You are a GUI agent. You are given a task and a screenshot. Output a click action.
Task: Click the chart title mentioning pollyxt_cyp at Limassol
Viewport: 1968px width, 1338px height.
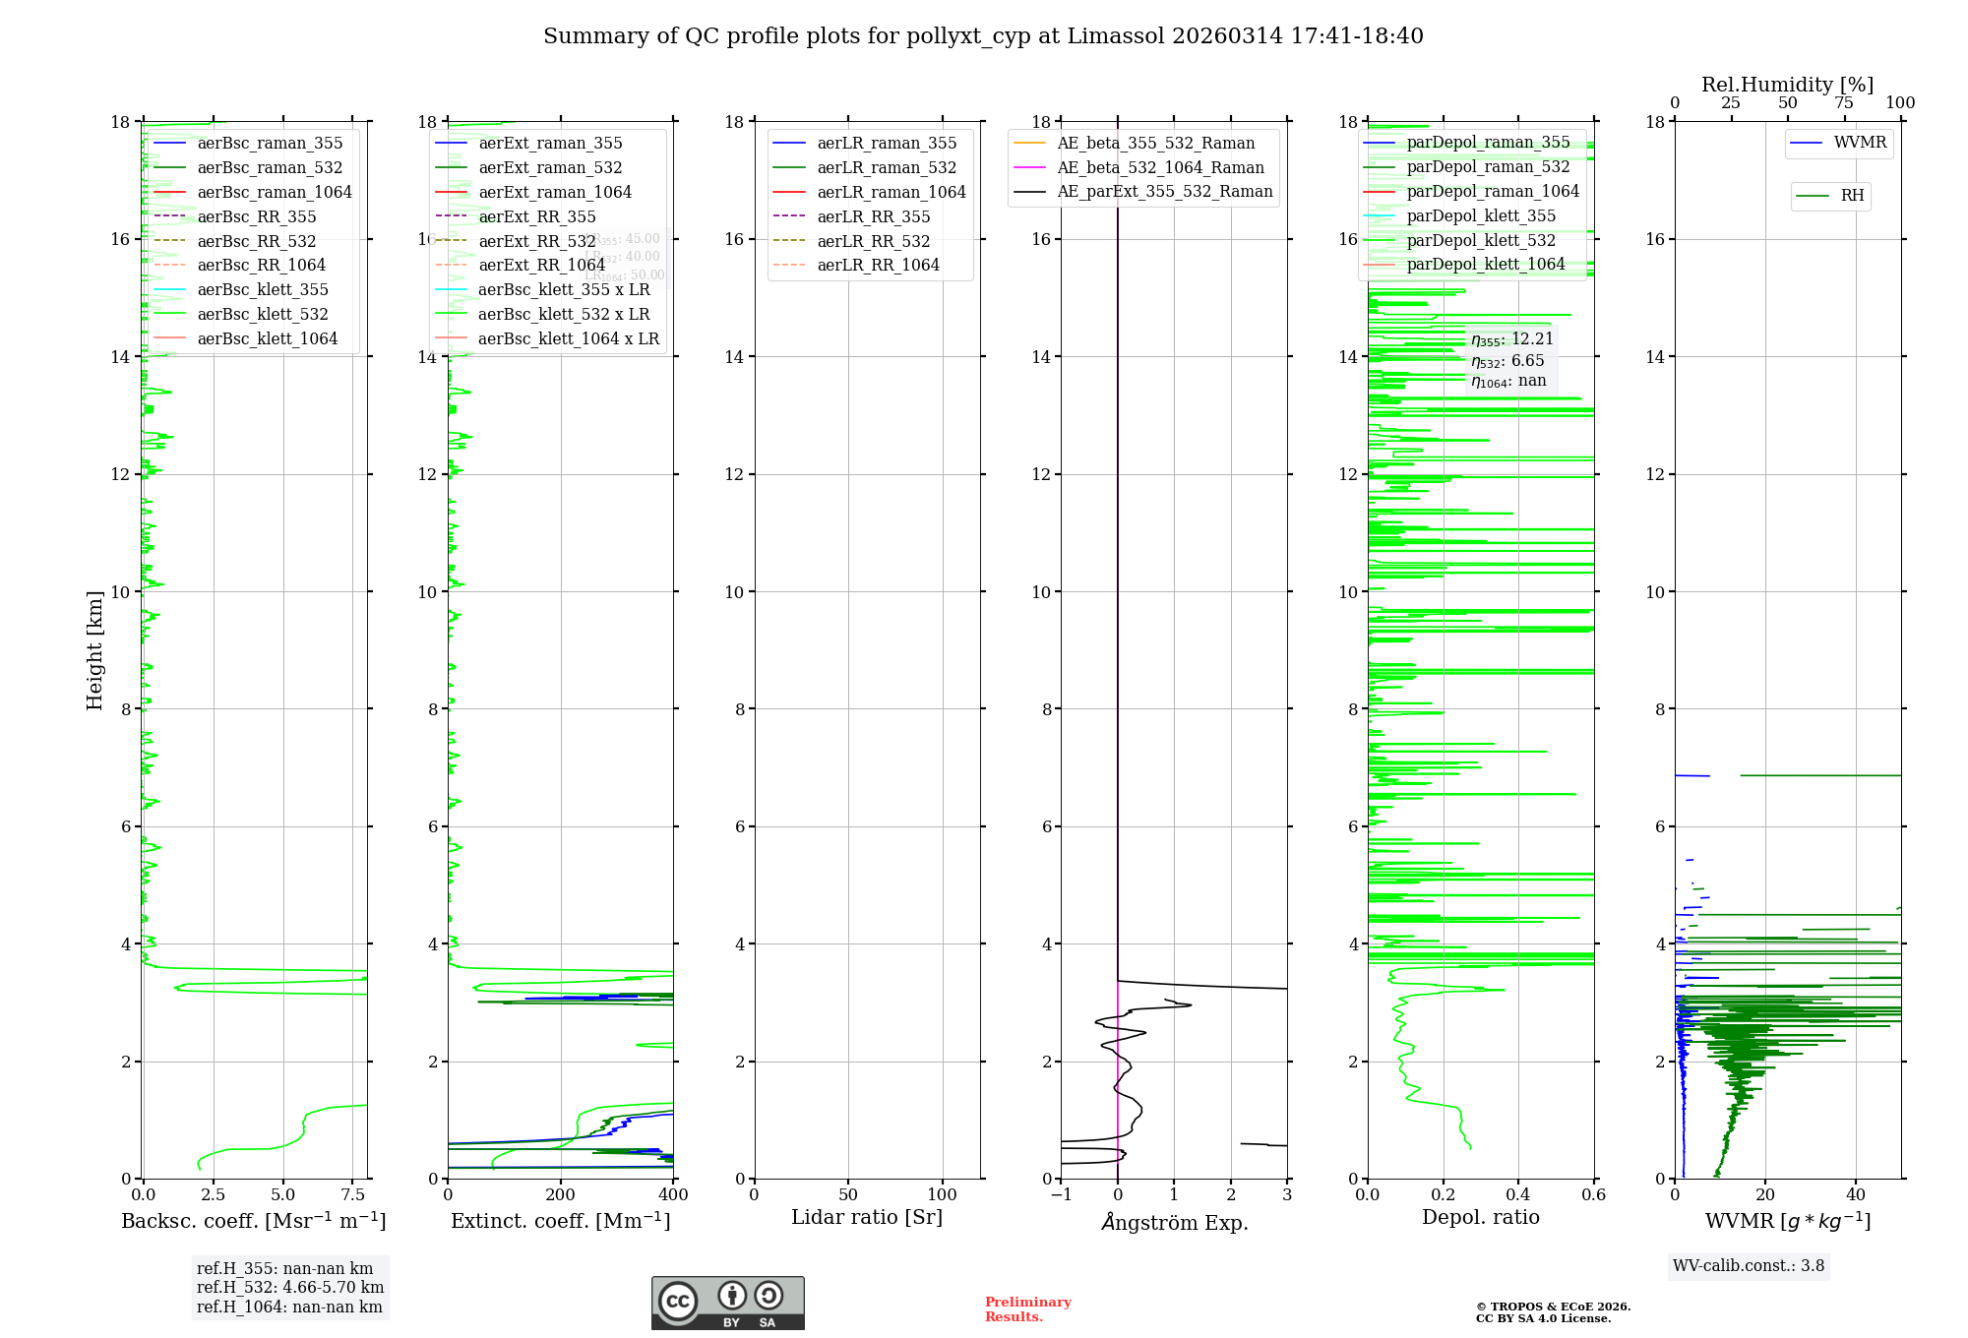(x=983, y=36)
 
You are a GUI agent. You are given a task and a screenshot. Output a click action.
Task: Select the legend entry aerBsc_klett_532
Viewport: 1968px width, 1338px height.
(x=262, y=314)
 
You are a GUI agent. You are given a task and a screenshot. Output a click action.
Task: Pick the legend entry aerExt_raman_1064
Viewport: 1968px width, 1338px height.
(x=555, y=192)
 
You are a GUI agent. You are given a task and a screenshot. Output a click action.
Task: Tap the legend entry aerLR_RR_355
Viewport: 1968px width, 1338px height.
(x=873, y=216)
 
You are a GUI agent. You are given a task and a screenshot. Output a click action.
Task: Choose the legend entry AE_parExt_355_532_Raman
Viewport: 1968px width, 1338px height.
(x=1164, y=192)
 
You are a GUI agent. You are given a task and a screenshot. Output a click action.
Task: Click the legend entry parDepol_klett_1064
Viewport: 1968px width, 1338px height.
(x=1485, y=264)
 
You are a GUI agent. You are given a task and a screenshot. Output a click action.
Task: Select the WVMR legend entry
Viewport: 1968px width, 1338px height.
(x=1860, y=143)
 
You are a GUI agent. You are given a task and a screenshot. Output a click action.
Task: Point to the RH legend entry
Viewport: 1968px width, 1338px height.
(x=1852, y=196)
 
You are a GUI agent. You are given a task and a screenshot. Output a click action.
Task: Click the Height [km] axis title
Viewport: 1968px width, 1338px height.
(x=94, y=649)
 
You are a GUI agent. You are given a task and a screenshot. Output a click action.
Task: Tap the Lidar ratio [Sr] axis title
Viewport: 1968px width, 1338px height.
(x=867, y=1217)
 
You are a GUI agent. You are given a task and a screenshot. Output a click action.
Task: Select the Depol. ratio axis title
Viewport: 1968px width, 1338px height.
(x=1480, y=1217)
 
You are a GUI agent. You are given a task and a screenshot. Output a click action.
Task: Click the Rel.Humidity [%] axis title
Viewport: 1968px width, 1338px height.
(x=1787, y=85)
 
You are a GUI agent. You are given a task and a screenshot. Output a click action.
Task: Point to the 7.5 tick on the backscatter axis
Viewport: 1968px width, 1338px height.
(x=352, y=1195)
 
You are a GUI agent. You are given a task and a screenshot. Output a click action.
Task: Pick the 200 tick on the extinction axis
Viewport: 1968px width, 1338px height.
(x=560, y=1195)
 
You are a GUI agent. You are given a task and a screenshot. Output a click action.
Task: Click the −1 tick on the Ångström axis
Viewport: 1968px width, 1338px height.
(x=1061, y=1195)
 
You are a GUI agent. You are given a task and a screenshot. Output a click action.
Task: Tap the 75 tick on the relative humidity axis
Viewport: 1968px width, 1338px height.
(x=1844, y=103)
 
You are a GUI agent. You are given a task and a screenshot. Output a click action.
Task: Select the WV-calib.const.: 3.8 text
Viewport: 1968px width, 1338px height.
(x=1749, y=1266)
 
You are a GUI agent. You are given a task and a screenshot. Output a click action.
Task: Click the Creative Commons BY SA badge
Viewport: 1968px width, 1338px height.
(x=727, y=1303)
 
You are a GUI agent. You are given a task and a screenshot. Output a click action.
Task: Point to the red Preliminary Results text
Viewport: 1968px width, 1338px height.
(x=1027, y=1309)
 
